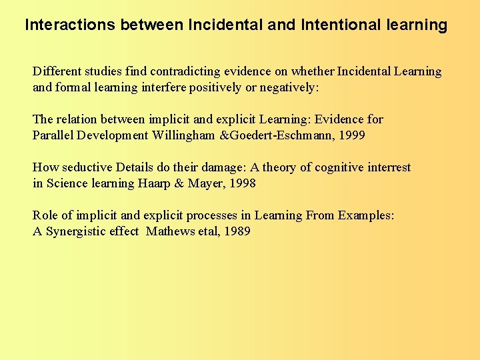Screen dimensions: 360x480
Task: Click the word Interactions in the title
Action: [x=69, y=25]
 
